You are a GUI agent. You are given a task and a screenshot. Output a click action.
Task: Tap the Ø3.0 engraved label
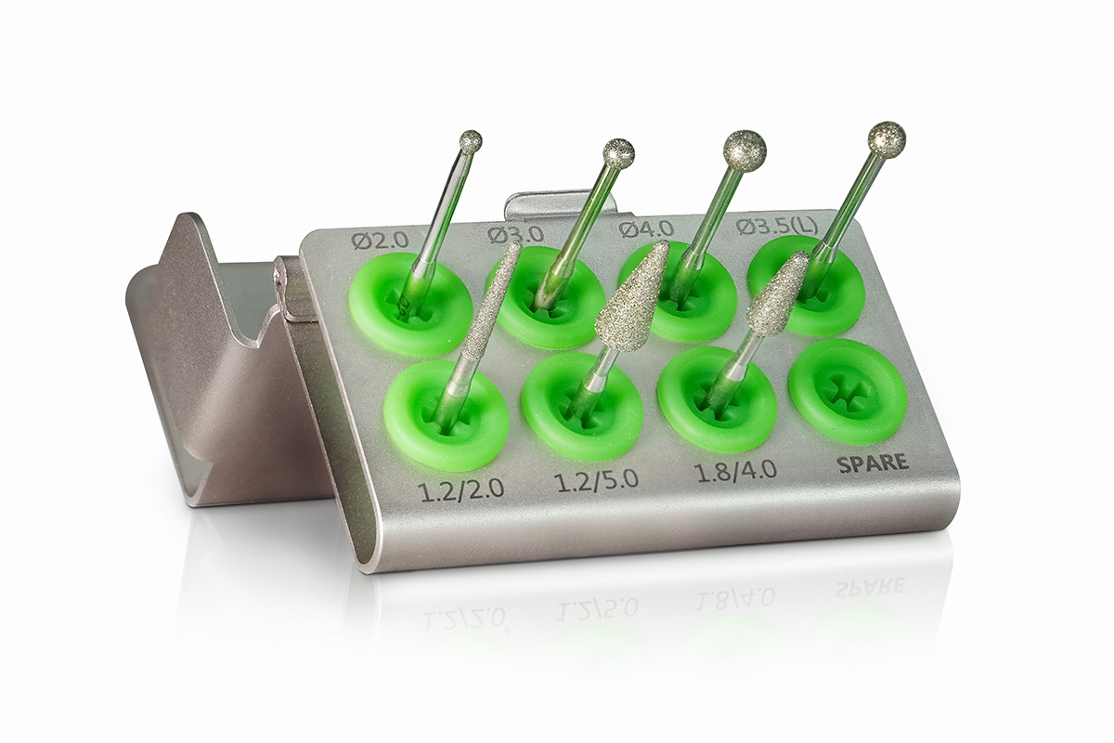tap(515, 234)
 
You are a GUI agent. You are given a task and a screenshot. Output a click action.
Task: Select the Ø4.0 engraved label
tap(646, 229)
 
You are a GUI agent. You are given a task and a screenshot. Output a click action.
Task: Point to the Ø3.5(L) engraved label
tap(777, 227)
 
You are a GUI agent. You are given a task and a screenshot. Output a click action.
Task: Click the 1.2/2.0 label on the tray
tap(462, 489)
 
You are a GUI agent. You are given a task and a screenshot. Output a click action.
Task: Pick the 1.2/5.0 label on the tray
tap(596, 481)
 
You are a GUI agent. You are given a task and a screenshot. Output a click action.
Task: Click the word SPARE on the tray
tap(873, 463)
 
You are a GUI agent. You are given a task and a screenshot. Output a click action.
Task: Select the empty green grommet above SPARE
tap(848, 391)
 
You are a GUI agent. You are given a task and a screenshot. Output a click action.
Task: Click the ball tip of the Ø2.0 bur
tap(471, 141)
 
